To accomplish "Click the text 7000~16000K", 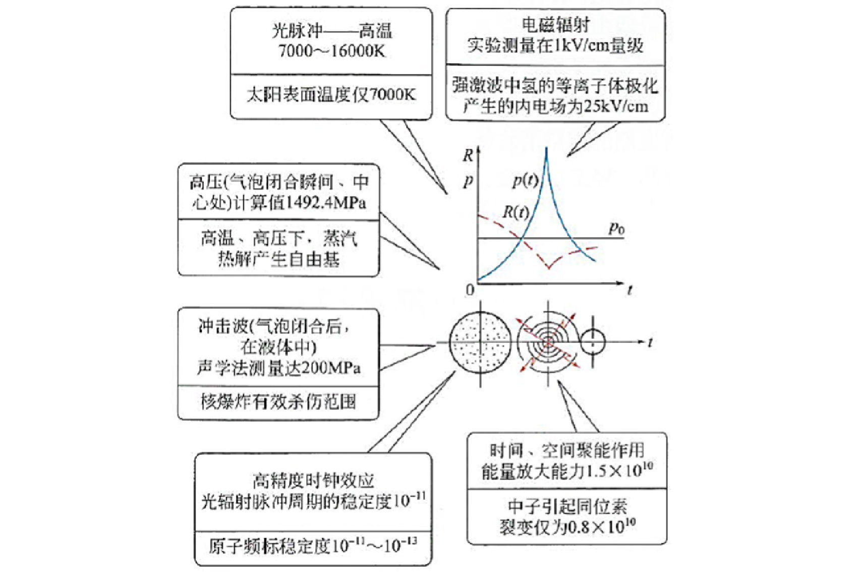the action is tap(332, 51).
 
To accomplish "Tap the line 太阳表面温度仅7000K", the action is tap(331, 95).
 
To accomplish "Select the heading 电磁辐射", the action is tap(556, 25).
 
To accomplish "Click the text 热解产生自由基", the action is tap(279, 260).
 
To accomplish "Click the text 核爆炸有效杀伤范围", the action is tap(278, 402).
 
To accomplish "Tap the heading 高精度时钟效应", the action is tap(313, 480).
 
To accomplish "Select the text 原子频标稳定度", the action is tap(270, 546).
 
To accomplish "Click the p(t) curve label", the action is tap(526, 180).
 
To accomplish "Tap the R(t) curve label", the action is tap(516, 212).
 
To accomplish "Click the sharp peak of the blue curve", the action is tap(547, 148).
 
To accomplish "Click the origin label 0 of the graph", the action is tap(470, 290).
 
